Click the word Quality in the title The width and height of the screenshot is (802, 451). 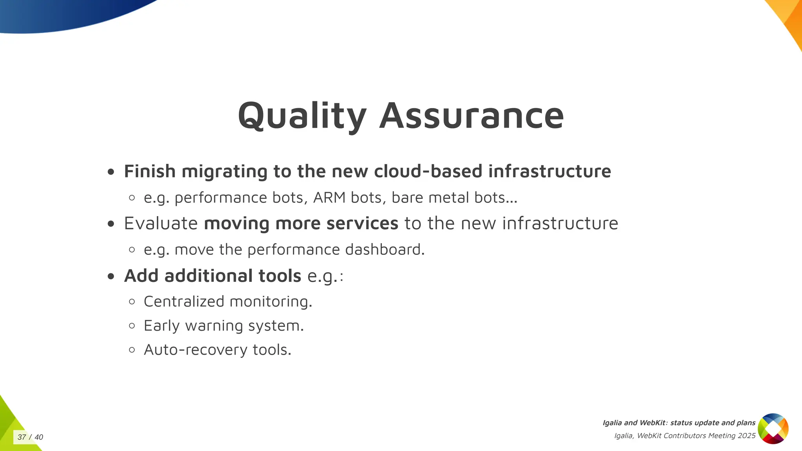pyautogui.click(x=302, y=116)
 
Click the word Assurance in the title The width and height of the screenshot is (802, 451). pyautogui.click(x=471, y=116)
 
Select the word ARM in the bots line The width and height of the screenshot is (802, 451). pyautogui.click(x=329, y=198)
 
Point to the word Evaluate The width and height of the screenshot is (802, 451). pyautogui.click(x=161, y=224)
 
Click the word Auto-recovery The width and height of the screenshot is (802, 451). pyautogui.click(x=195, y=350)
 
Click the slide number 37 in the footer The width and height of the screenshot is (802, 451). pyautogui.click(x=22, y=437)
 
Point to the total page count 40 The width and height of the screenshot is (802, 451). pyautogui.click(x=39, y=437)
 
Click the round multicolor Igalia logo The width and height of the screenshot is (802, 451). pyautogui.click(x=773, y=429)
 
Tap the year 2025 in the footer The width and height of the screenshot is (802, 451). pyautogui.click(x=746, y=436)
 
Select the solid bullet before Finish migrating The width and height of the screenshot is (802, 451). pyautogui.click(x=111, y=172)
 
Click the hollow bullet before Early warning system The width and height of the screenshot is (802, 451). pyautogui.click(x=132, y=326)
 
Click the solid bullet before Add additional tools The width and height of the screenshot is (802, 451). pyautogui.click(x=111, y=276)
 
